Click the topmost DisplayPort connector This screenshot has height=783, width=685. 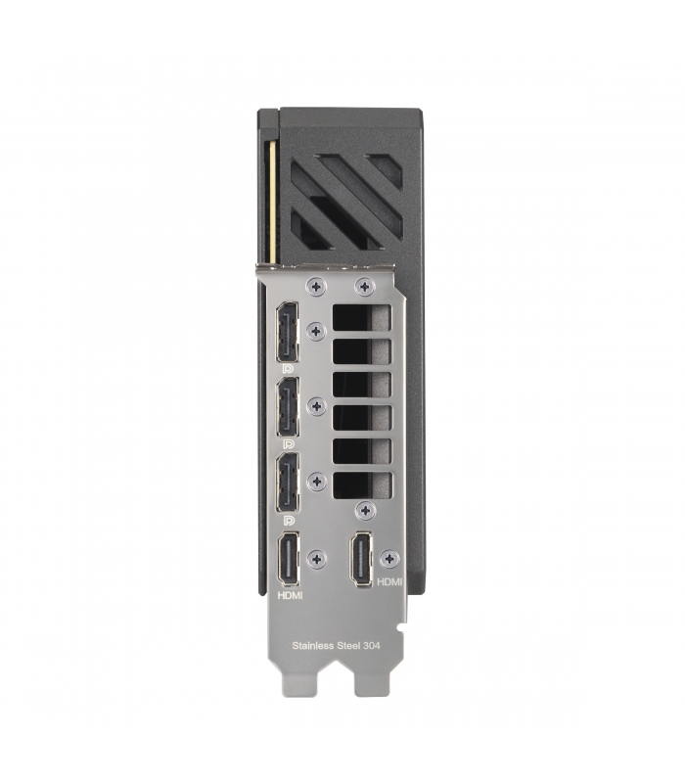click(x=288, y=332)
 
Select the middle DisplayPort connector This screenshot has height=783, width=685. click(x=288, y=407)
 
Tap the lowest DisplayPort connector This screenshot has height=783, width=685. click(x=288, y=483)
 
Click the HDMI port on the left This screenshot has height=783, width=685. click(x=289, y=559)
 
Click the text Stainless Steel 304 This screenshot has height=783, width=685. click(x=336, y=646)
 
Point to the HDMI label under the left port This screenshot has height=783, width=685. click(x=290, y=596)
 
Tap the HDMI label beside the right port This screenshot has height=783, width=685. click(x=389, y=581)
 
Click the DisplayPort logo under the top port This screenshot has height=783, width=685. click(x=288, y=369)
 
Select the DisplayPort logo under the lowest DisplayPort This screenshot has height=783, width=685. click(x=288, y=521)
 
